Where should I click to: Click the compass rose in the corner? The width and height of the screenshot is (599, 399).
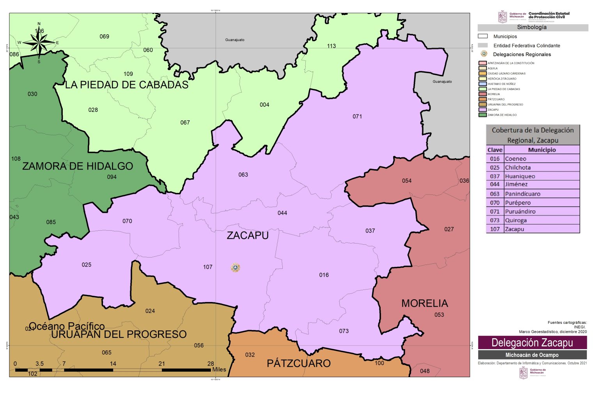click(39, 42)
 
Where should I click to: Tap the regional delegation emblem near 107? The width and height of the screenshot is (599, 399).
click(235, 268)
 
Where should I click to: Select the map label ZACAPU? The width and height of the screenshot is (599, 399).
click(248, 235)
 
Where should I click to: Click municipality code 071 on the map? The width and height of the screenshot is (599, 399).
click(357, 116)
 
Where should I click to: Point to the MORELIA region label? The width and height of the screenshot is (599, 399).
click(424, 303)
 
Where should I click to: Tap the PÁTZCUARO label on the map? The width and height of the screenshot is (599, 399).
click(299, 363)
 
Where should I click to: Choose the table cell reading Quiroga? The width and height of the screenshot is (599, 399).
click(516, 220)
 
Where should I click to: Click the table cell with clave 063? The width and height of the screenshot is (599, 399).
click(494, 194)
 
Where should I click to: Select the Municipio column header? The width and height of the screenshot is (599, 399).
click(542, 150)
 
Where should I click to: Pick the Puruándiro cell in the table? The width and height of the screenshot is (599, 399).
click(520, 211)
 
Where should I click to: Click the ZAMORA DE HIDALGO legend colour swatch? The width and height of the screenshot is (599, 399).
click(482, 115)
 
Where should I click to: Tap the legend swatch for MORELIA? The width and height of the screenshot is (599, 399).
click(482, 94)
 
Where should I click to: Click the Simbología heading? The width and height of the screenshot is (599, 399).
click(532, 27)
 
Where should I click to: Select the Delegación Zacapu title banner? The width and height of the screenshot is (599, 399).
click(532, 343)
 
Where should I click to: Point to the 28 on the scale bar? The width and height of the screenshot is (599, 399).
click(211, 364)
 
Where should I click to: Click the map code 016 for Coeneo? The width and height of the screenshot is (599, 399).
click(324, 275)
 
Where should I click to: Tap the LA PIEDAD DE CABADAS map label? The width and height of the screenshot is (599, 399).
click(126, 85)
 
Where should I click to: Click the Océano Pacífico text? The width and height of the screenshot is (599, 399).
click(67, 326)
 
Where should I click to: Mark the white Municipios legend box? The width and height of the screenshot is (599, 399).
click(483, 36)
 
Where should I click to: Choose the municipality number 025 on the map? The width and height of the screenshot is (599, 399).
click(86, 265)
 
